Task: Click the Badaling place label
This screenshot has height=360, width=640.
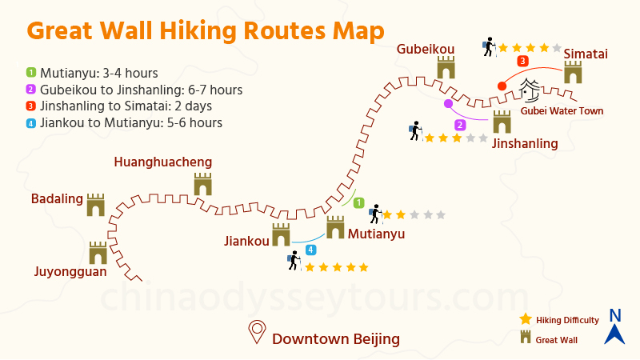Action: [x=58, y=198]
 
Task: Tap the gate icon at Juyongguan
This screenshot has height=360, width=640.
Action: [x=98, y=253]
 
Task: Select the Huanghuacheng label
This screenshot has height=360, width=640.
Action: [x=163, y=162]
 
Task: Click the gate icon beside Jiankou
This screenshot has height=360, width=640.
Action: [x=280, y=235]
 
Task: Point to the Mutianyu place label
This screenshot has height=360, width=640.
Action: [x=376, y=234]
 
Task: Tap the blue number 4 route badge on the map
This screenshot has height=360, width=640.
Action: [x=310, y=250]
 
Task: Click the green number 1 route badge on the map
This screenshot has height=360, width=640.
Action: [x=359, y=203]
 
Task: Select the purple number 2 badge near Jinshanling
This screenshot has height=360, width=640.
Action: [x=460, y=125]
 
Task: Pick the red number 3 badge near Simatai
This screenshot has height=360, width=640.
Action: [x=522, y=61]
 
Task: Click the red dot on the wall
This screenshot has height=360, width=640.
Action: [x=502, y=86]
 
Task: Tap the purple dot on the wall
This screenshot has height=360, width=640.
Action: [x=448, y=103]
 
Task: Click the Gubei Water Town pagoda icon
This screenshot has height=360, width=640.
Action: [x=530, y=90]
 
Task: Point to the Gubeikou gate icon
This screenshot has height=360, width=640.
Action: [x=446, y=67]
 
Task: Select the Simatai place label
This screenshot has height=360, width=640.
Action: [x=586, y=54]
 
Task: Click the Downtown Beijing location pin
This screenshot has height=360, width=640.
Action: [x=257, y=331]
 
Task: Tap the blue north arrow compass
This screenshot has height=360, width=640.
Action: [x=614, y=326]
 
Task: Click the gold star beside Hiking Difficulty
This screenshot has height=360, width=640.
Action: [x=526, y=319]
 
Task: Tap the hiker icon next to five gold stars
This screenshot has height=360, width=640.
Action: [x=293, y=262]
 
